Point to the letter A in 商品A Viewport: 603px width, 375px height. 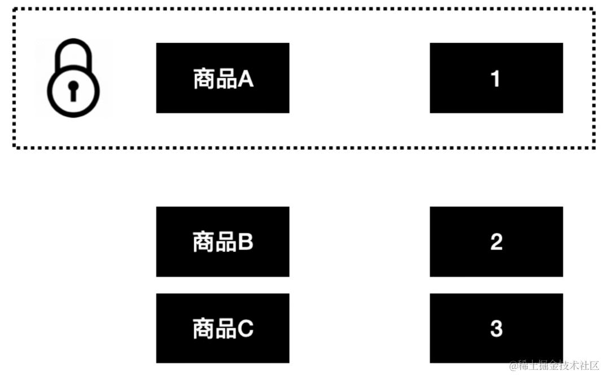click(x=246, y=79)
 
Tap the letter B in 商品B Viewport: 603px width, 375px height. click(x=246, y=242)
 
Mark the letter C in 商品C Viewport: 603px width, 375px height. click(x=246, y=329)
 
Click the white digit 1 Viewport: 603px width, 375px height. click(x=496, y=79)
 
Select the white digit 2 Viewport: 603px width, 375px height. click(x=496, y=242)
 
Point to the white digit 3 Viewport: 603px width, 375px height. click(x=496, y=329)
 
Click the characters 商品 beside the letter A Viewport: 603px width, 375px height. click(x=215, y=79)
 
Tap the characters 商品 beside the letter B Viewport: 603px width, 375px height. click(x=215, y=242)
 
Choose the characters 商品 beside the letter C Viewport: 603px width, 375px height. click(x=215, y=329)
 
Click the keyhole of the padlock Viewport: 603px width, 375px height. click(x=73, y=90)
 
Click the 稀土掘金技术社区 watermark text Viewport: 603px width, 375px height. click(x=558, y=365)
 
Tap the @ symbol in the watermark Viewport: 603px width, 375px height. click(x=514, y=366)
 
